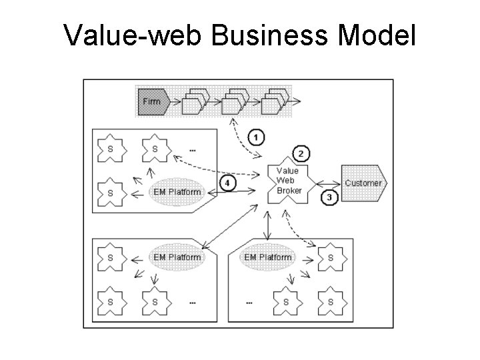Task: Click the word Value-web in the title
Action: [x=133, y=37]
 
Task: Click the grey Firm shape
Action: [x=152, y=102]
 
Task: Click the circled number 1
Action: [x=257, y=137]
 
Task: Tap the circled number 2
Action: [x=300, y=154]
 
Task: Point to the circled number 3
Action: [x=329, y=197]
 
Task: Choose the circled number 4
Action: [x=228, y=182]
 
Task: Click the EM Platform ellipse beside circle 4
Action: [x=177, y=192]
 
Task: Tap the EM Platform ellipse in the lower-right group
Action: [x=268, y=257]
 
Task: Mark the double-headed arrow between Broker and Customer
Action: [x=327, y=183]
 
